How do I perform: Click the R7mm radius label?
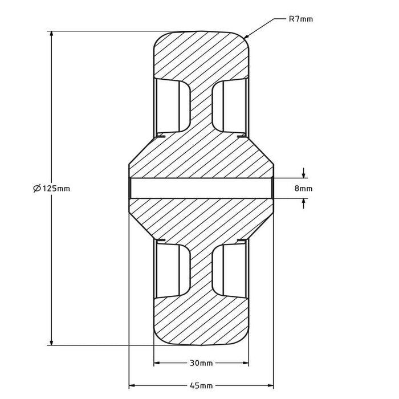click(x=300, y=19)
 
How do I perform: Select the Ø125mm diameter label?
click(x=51, y=188)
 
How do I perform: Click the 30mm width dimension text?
click(x=201, y=363)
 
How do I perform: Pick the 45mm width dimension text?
click(x=201, y=386)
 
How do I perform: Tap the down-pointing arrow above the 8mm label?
click(x=303, y=174)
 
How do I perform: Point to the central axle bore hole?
click(x=201, y=188)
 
